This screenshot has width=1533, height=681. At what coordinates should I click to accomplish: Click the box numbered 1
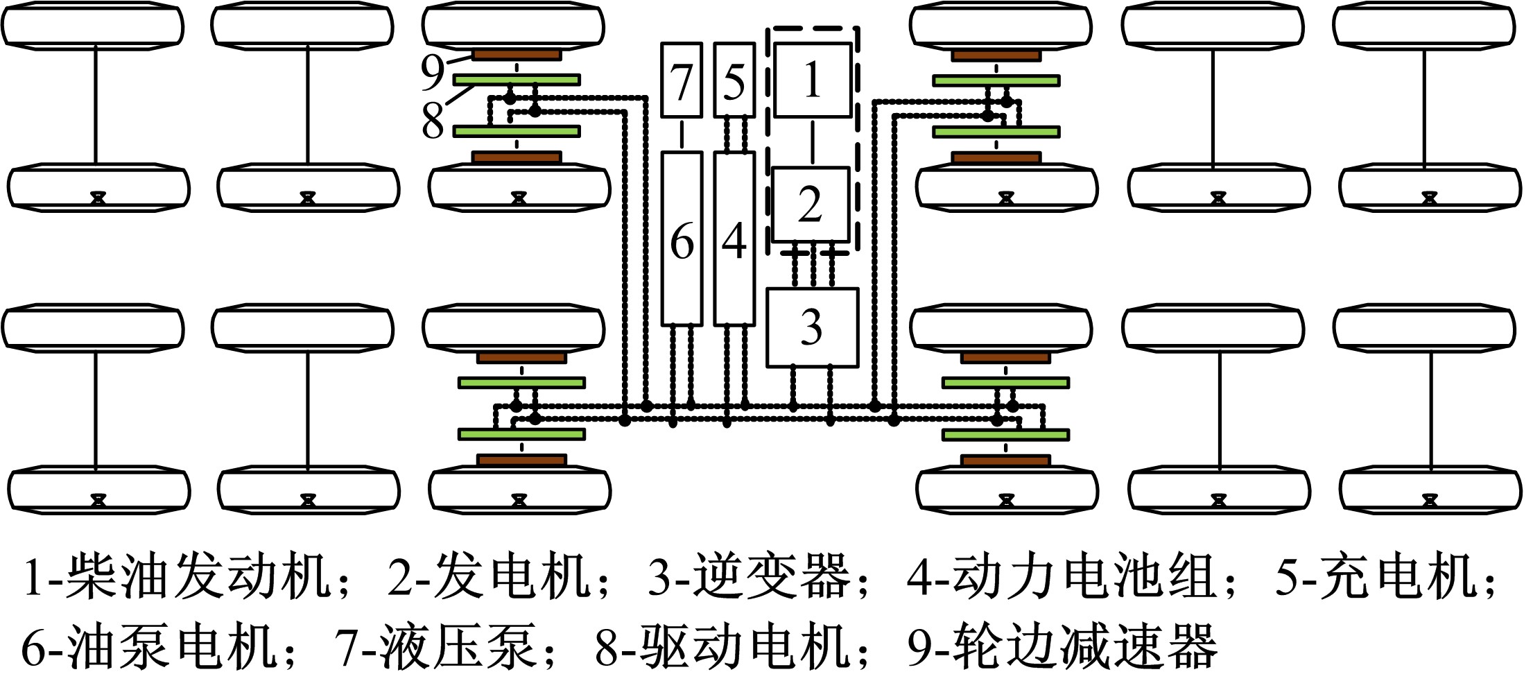point(812,80)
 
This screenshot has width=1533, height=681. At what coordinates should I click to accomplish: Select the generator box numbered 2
point(811,204)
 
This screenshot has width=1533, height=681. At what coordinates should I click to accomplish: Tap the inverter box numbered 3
point(812,327)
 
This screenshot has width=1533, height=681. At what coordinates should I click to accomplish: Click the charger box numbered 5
point(734,80)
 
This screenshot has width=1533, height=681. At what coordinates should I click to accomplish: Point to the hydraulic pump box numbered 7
point(682,80)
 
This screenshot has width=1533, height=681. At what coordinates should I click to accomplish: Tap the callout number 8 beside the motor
point(433,119)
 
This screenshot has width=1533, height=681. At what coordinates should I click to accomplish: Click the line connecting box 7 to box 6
point(682,135)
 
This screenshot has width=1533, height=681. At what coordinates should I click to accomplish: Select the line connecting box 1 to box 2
point(813,142)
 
